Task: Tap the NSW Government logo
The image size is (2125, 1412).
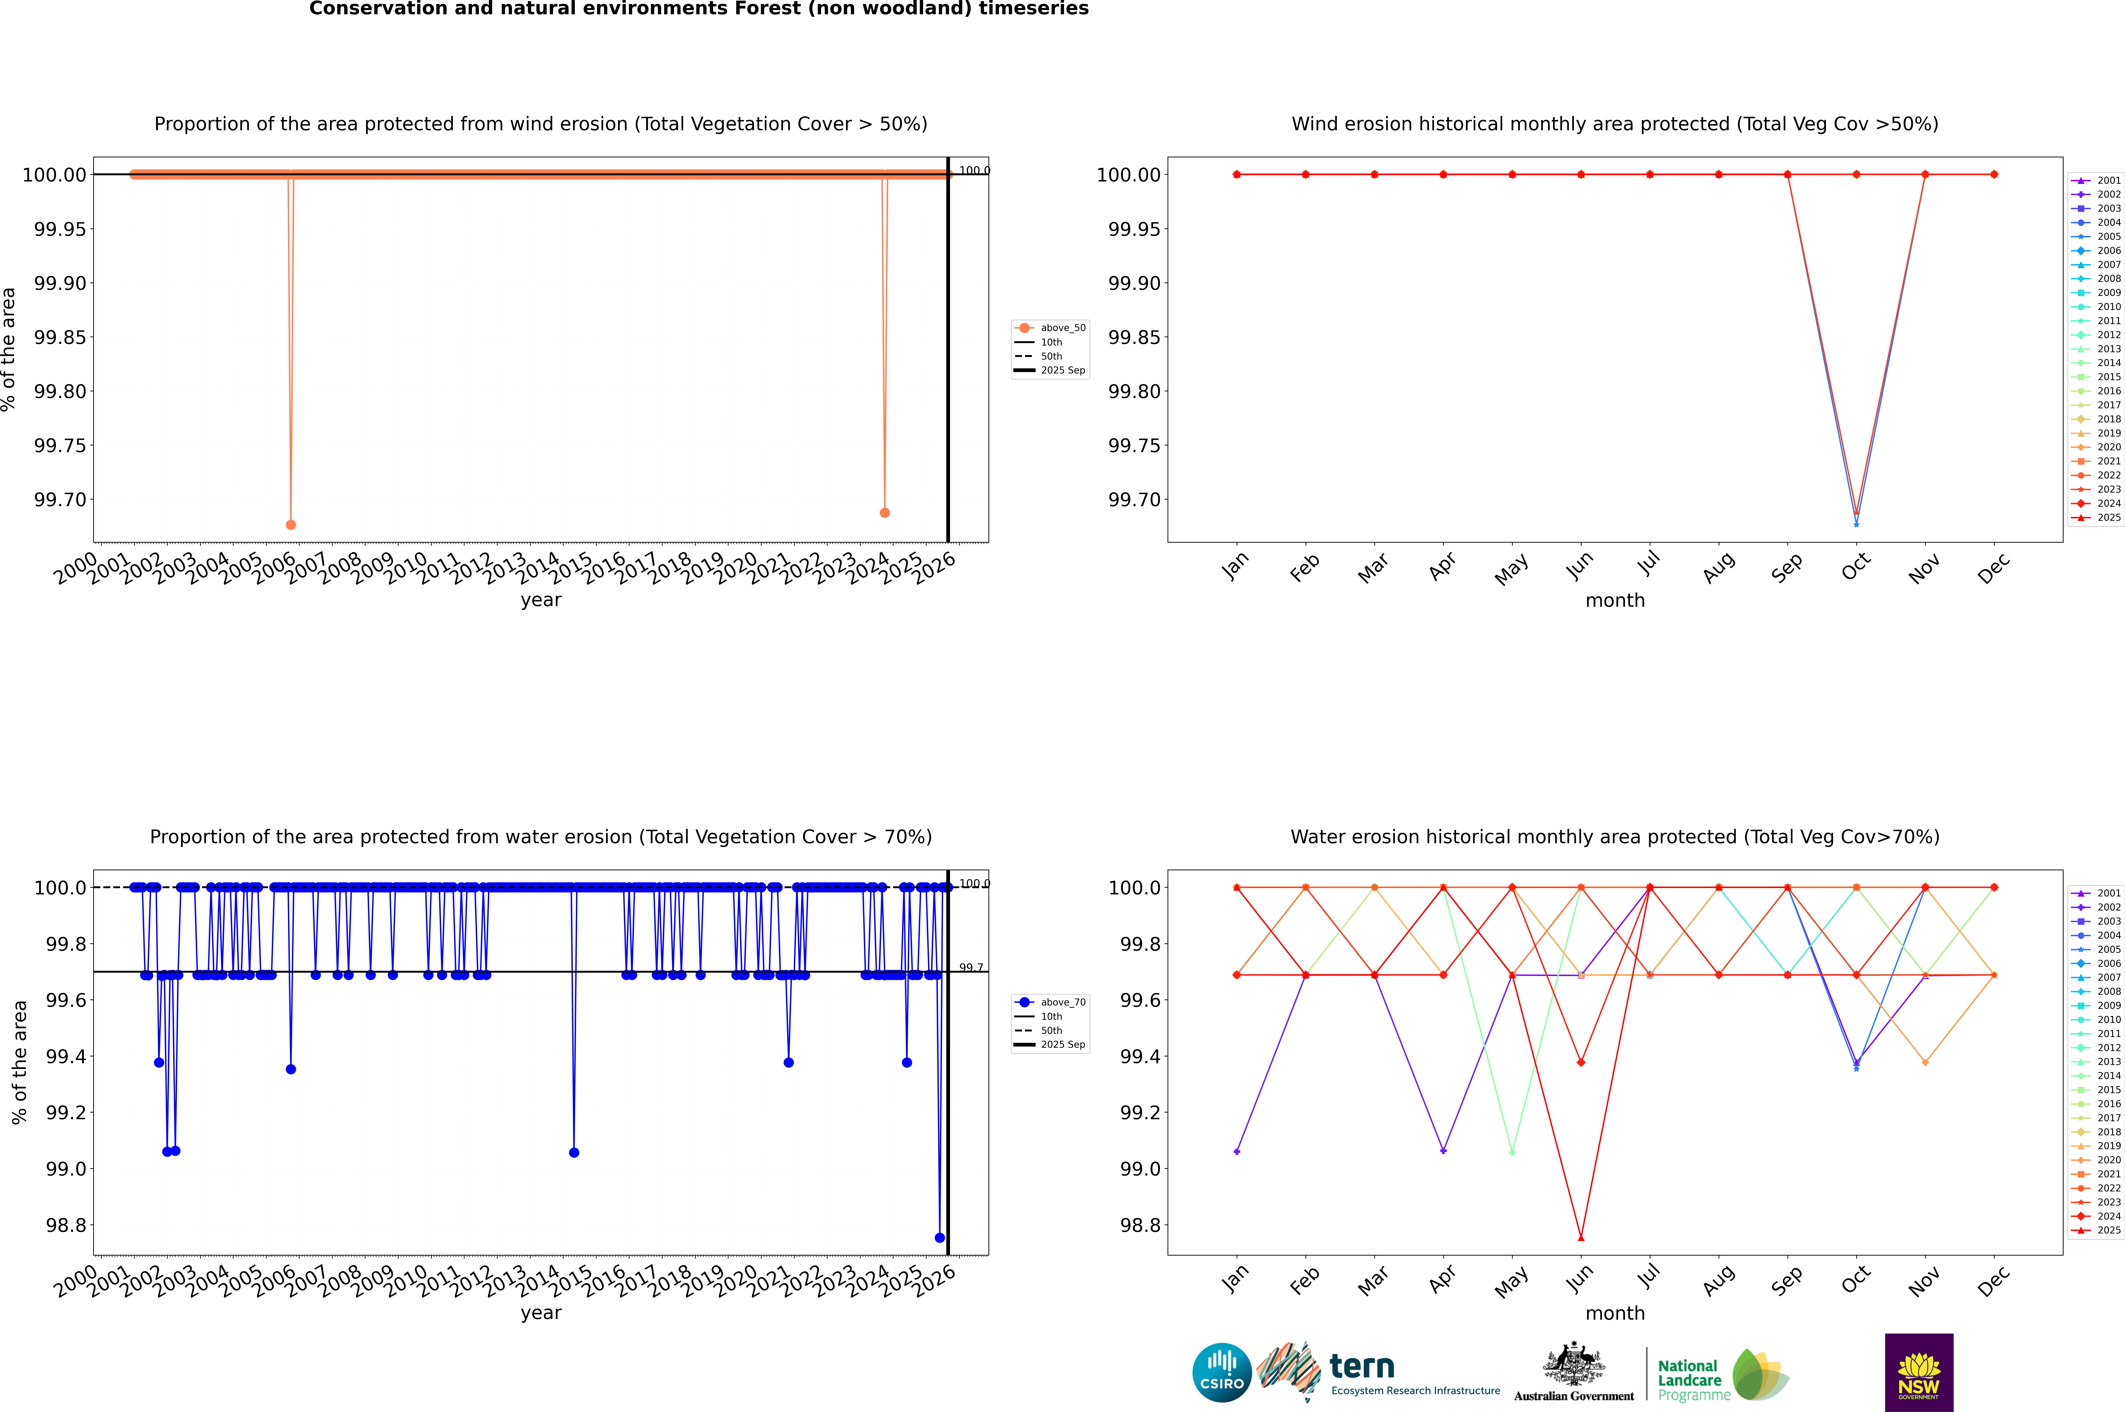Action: click(x=1919, y=1372)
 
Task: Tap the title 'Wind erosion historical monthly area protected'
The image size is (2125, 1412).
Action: click(x=1614, y=124)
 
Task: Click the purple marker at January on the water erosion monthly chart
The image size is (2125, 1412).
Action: click(x=1237, y=1152)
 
